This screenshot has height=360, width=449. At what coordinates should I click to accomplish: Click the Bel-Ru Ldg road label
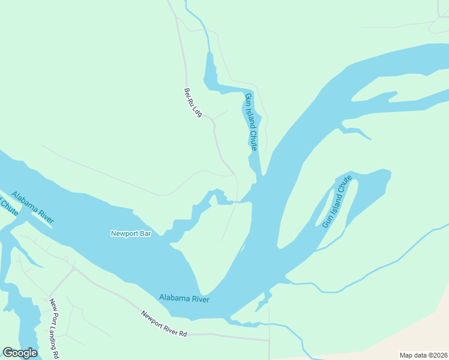click(x=192, y=103)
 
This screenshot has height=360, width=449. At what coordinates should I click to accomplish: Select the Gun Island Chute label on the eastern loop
click(x=336, y=202)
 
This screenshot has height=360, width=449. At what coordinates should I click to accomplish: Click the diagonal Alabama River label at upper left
click(x=32, y=209)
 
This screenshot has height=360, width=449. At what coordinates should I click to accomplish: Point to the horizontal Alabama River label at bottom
click(x=184, y=298)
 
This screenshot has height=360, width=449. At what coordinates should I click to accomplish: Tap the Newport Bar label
click(x=130, y=233)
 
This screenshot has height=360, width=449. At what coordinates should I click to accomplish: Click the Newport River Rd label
click(x=164, y=323)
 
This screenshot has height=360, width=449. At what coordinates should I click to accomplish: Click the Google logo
click(x=20, y=352)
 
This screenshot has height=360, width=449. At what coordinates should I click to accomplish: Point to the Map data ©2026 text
click(x=423, y=355)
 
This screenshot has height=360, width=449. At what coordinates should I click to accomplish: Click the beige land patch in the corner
click(x=414, y=336)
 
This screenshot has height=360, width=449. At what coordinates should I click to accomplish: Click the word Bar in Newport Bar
click(x=144, y=233)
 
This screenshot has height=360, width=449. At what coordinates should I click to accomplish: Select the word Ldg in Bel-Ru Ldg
click(x=197, y=111)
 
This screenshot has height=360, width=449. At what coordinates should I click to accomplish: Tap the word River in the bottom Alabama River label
click(x=198, y=298)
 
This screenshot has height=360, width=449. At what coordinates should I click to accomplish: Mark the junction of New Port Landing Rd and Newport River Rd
click(x=74, y=268)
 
